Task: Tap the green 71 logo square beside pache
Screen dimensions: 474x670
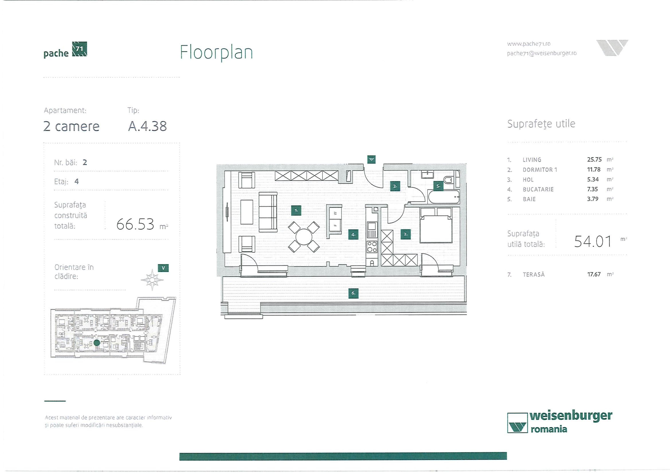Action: click(x=79, y=49)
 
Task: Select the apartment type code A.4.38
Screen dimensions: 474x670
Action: click(x=147, y=126)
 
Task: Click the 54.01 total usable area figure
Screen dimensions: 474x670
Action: click(x=592, y=241)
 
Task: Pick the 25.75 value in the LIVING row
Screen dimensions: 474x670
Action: click(x=594, y=160)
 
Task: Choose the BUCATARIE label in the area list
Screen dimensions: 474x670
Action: click(x=538, y=189)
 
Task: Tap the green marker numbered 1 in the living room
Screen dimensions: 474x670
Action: click(x=296, y=210)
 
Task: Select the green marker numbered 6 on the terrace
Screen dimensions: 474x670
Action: click(x=353, y=293)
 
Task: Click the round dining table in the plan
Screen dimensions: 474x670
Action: click(x=303, y=237)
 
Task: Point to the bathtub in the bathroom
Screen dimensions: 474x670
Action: click(x=443, y=197)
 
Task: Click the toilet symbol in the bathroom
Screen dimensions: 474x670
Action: click(x=448, y=180)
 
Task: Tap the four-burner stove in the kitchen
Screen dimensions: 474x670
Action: click(x=372, y=247)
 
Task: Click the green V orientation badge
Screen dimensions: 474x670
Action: click(x=163, y=268)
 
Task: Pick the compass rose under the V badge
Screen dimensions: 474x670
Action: click(x=152, y=280)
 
